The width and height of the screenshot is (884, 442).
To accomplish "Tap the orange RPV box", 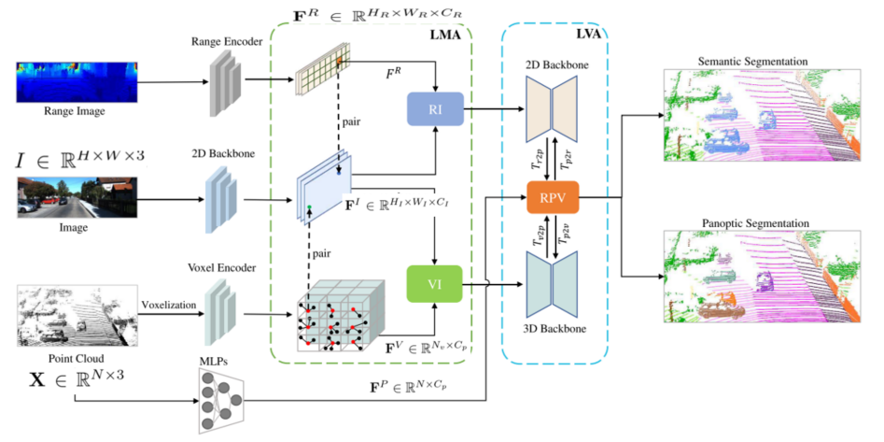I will [x=553, y=198].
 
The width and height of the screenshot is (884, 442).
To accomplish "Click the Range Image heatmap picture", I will [x=77, y=82].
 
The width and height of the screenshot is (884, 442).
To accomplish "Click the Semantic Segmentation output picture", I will [x=764, y=119].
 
